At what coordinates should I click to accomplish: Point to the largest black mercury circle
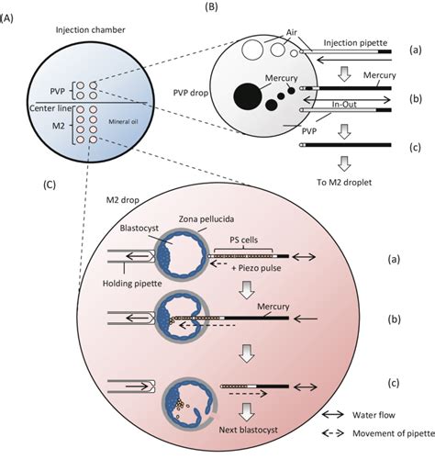tap(247, 95)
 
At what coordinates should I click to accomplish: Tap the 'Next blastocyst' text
tap(240, 429)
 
